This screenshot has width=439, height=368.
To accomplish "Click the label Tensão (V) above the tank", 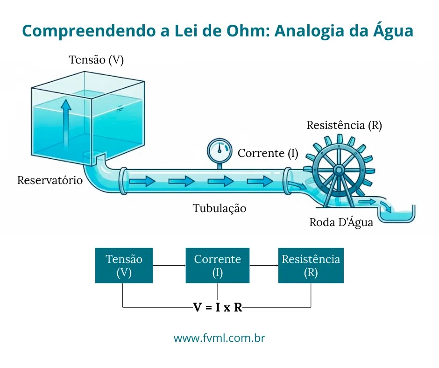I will tap(96, 60).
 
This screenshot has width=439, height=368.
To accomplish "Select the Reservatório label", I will tap(50, 180).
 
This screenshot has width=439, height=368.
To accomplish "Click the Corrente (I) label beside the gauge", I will tap(268, 153).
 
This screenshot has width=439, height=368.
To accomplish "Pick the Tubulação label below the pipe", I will tap(219, 208).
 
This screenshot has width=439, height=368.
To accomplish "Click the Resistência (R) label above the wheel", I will tap(344, 125).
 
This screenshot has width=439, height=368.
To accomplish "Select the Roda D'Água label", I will tap(341, 222).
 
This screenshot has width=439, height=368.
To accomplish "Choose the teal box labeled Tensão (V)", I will tap(124, 265).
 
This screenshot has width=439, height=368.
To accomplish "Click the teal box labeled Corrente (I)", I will tap(218, 265).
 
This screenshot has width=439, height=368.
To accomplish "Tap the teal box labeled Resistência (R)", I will tap(311, 265).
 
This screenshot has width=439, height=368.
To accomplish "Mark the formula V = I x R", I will tap(218, 308).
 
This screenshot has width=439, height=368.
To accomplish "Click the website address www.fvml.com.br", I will tap(219, 338).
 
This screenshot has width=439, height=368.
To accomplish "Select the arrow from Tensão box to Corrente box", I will tap(169, 266).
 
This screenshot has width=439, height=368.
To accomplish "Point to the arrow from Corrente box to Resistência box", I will tap(264, 266).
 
